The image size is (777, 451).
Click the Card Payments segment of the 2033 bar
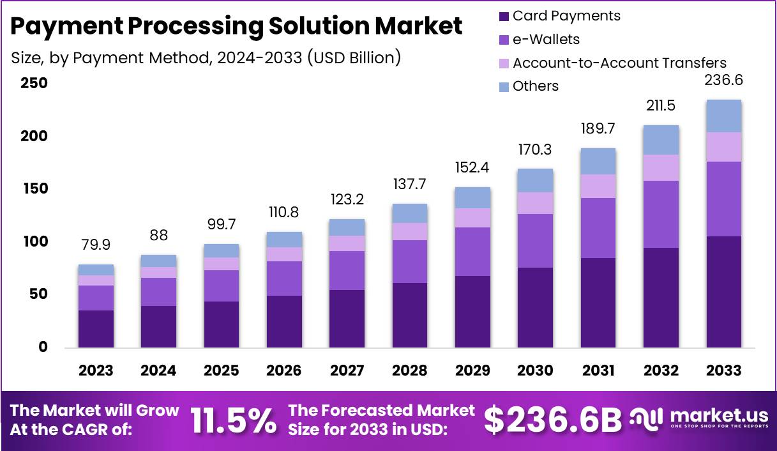click(723, 292)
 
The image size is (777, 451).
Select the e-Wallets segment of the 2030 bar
click(535, 241)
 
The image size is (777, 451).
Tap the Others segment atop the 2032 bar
click(661, 140)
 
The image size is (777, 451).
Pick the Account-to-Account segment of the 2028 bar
click(409, 231)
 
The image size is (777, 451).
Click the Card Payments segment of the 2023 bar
click(96, 329)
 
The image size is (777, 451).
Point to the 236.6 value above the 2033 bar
click(723, 80)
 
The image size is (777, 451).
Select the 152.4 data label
click(472, 169)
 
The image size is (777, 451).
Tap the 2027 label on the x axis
click(347, 371)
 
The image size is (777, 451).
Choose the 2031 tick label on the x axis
click(598, 371)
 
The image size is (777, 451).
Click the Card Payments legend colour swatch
click(504, 16)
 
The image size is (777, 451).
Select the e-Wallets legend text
click(546, 40)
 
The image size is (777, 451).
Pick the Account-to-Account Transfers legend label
click(619, 63)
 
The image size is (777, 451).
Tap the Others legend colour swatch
click(504, 86)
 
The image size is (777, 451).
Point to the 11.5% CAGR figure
click(234, 420)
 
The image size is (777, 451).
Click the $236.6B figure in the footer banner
click(552, 420)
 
